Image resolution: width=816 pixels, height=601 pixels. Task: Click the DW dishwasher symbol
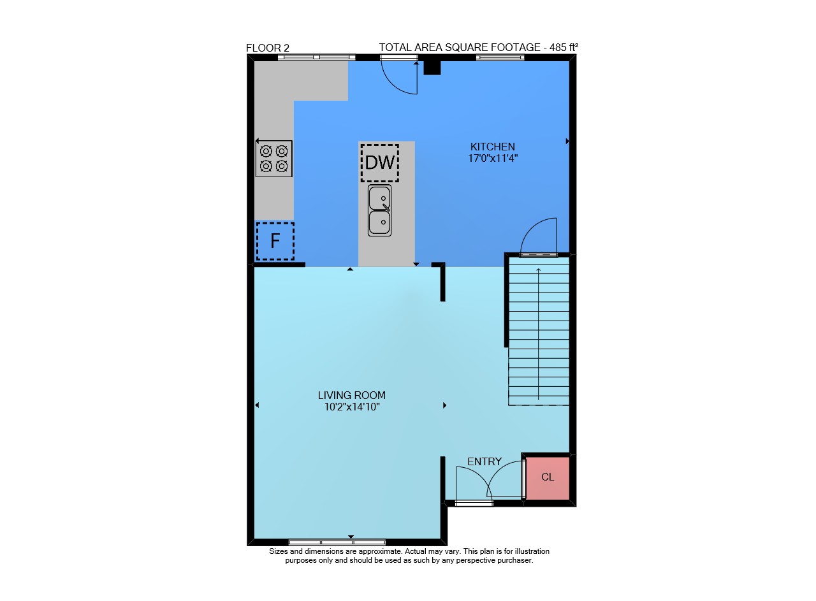coord(379,163)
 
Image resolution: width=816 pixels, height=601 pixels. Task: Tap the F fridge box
coord(275,241)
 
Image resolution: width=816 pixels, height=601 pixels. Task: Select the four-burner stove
coord(274,159)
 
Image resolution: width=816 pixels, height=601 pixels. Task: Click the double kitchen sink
coord(379,210)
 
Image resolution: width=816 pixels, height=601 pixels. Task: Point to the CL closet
coord(548,478)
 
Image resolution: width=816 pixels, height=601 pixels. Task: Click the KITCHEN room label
coord(493,147)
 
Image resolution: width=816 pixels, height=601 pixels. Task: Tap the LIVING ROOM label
coord(351,395)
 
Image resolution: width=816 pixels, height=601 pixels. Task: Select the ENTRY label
coord(484,462)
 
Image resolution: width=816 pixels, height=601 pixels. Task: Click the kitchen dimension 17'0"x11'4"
coord(493,159)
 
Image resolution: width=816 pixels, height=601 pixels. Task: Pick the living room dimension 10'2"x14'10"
coord(352,407)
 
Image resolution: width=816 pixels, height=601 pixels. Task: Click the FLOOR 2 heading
coord(268,48)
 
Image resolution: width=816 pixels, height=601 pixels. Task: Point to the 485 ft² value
coord(564,47)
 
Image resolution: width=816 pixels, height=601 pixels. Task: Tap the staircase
coord(539,331)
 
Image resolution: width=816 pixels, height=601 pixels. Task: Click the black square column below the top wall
coord(432,68)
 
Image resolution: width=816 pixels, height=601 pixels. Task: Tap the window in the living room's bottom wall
coord(337,542)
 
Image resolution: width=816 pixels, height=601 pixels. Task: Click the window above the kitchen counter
coord(317,57)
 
